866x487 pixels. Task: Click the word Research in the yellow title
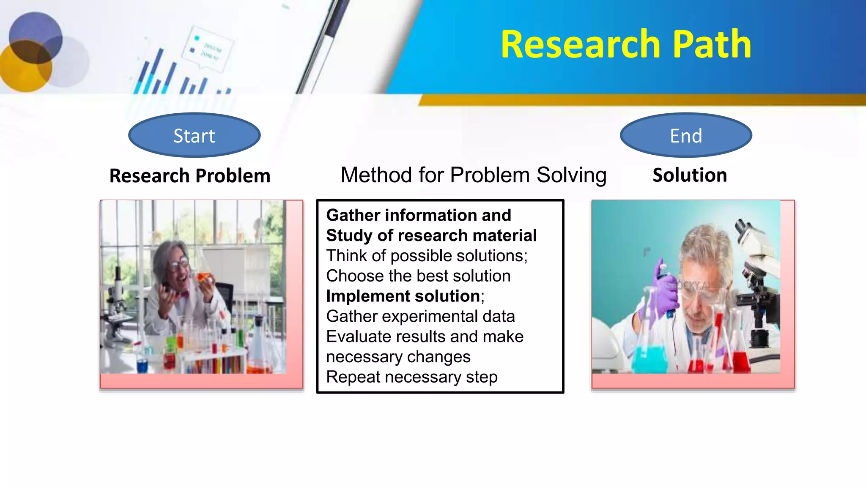pos(580,44)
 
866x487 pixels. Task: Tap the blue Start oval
pos(194,136)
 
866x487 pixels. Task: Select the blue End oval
pos(686,136)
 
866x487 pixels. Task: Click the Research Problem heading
pos(190,176)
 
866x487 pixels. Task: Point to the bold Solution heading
pos(690,175)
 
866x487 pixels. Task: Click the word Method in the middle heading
pos(376,175)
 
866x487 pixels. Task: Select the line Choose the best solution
pos(418,276)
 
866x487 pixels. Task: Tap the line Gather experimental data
pos(420,317)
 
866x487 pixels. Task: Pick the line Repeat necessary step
pos(411,377)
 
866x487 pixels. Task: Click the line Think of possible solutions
pos(426,256)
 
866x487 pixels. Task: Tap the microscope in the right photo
pos(757,279)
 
